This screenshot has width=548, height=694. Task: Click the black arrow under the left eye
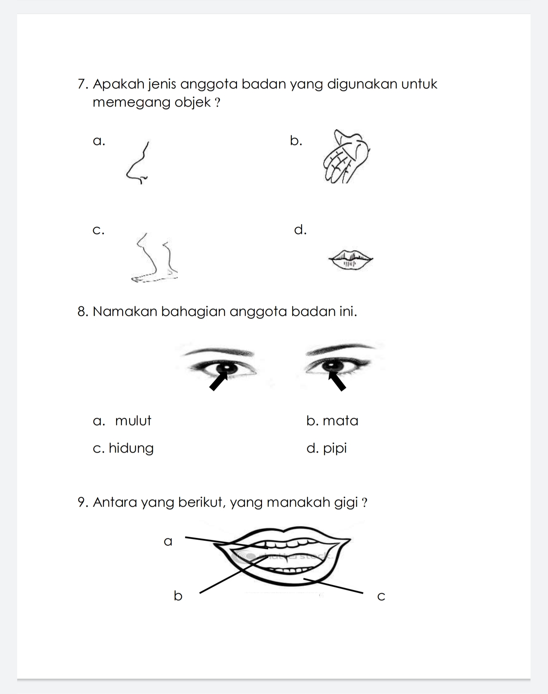pos(218,381)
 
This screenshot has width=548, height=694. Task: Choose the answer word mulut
pos(133,421)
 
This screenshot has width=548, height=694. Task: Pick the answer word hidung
pos(131,448)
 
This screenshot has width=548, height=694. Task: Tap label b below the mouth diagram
pos(178,596)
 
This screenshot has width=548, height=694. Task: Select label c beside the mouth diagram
pos(381,596)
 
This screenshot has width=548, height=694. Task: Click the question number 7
pos(82,84)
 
